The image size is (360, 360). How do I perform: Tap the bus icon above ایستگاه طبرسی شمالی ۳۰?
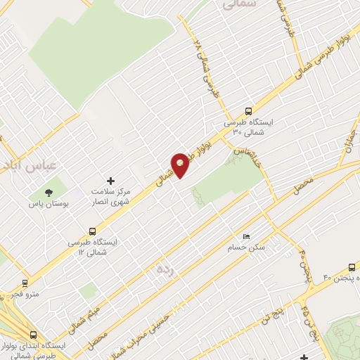(247, 110)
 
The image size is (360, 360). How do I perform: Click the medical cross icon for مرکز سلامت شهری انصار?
(110, 181)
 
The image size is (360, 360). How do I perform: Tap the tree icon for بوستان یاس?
(49, 192)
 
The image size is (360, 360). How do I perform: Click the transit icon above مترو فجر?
(26, 283)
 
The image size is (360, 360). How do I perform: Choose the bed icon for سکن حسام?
(245, 236)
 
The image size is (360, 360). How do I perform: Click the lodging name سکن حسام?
(242, 247)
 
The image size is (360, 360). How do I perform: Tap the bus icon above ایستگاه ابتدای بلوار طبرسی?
(33, 335)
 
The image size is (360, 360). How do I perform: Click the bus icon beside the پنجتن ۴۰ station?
(352, 267)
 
